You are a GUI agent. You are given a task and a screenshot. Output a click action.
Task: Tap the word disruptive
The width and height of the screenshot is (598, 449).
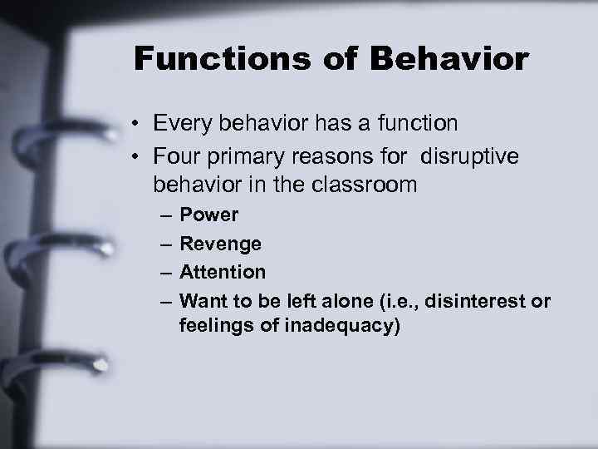(x=469, y=157)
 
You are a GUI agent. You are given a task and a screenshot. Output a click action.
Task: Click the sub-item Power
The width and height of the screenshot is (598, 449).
(x=209, y=215)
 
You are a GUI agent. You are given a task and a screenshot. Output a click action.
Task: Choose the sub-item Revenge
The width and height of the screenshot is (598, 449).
(x=220, y=244)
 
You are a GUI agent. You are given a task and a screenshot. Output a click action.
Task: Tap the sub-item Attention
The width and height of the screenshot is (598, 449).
(x=223, y=272)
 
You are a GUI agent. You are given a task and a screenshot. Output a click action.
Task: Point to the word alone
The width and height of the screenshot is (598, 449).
(x=341, y=300)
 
